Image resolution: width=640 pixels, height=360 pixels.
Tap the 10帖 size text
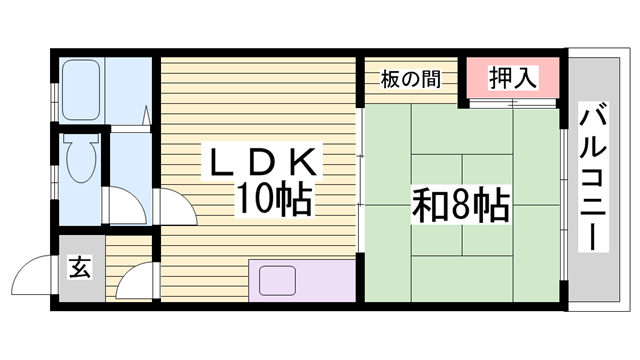point(273,200)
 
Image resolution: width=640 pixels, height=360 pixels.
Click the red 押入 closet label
point(511,78)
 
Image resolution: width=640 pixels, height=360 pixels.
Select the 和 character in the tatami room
point(429,206)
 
